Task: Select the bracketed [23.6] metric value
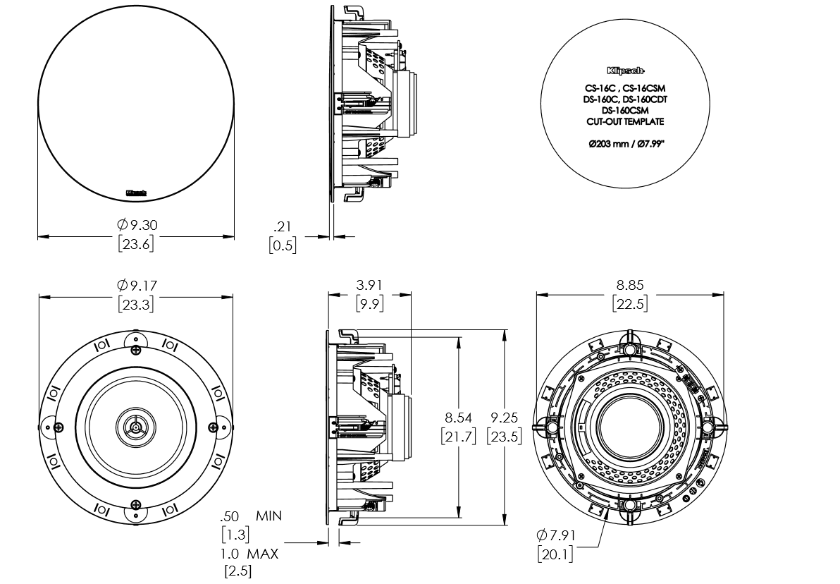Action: (136, 244)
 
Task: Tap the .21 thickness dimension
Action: (283, 226)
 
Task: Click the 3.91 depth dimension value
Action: (370, 286)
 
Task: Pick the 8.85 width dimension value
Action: (630, 286)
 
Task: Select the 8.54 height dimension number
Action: (458, 418)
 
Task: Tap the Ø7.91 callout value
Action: (555, 536)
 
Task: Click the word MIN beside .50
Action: (268, 516)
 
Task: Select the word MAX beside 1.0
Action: (264, 554)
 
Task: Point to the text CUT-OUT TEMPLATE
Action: (625, 121)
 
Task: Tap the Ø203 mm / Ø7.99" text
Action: (625, 144)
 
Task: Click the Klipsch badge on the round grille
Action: (136, 190)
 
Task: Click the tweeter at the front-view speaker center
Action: (135, 425)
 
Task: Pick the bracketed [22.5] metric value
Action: (630, 304)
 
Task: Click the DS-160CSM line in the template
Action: (625, 110)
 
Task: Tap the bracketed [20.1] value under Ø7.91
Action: (555, 554)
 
